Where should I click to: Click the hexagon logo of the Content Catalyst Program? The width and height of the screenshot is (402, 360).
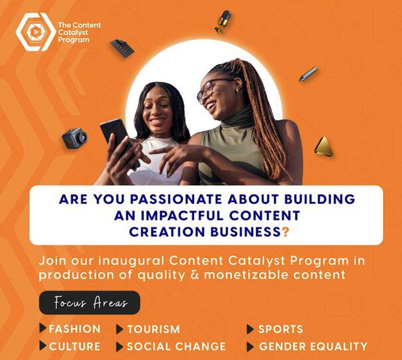[x=36, y=32]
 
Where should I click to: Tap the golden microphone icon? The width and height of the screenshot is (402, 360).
[x=223, y=22]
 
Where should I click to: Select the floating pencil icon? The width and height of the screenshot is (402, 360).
[x=308, y=74]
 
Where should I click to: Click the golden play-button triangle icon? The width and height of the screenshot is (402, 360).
[x=324, y=146]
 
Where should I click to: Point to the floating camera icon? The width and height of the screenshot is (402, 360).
[x=74, y=138]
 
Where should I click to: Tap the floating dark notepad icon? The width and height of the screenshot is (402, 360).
[x=122, y=48]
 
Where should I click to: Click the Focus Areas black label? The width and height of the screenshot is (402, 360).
[x=90, y=303]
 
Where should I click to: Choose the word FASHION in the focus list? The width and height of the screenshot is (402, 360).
[x=74, y=329]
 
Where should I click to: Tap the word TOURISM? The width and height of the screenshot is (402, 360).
[x=153, y=329]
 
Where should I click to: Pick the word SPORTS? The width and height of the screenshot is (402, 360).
[x=280, y=329]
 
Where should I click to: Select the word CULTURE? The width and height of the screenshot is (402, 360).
[x=74, y=347]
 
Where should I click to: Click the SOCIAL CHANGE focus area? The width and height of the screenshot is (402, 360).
[x=176, y=347]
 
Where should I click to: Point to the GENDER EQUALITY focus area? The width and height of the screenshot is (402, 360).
[x=313, y=347]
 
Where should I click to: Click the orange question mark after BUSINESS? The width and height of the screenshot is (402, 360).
[x=285, y=232]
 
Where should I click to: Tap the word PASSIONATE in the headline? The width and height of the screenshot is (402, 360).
[x=175, y=199]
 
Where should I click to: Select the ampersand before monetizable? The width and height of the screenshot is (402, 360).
[x=194, y=275]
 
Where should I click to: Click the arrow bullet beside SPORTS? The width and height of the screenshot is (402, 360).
[x=251, y=329]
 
